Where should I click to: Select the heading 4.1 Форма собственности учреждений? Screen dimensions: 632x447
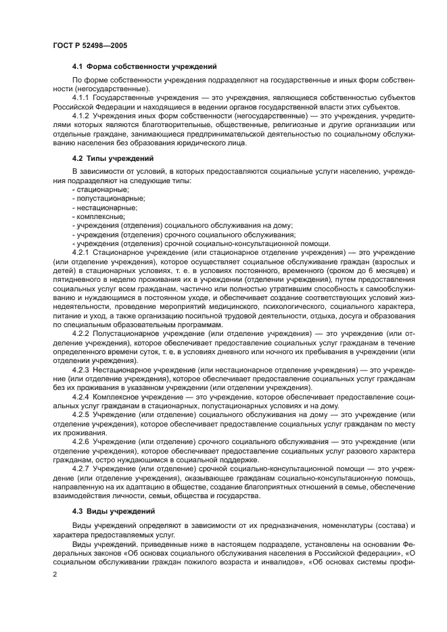(144, 67)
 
